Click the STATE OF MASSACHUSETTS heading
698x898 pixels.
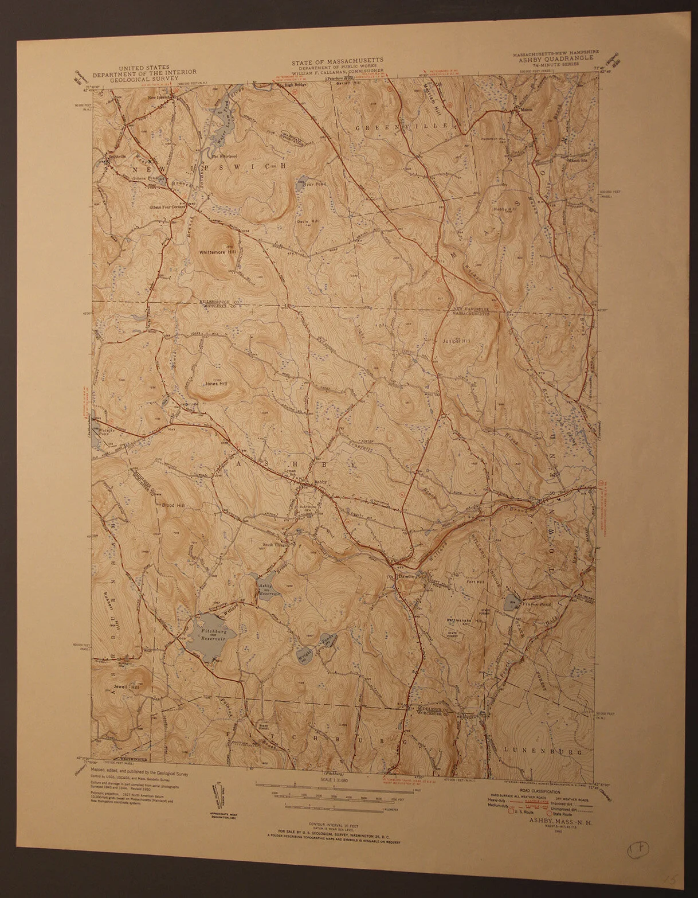[336, 60]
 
